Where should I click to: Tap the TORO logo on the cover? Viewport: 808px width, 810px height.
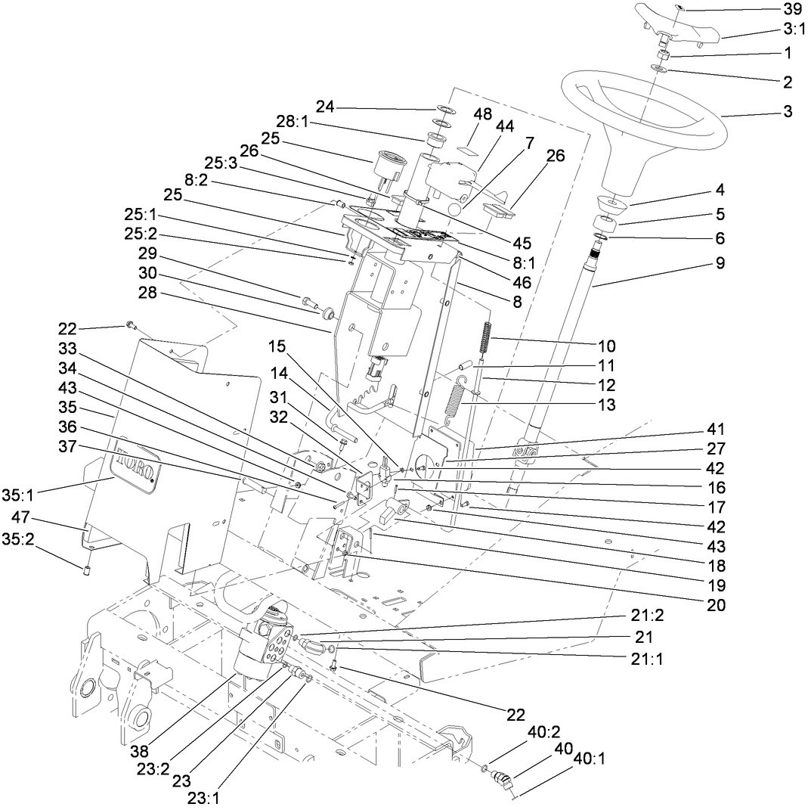pyautogui.click(x=138, y=462)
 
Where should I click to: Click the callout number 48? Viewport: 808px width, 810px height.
pyautogui.click(x=482, y=114)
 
